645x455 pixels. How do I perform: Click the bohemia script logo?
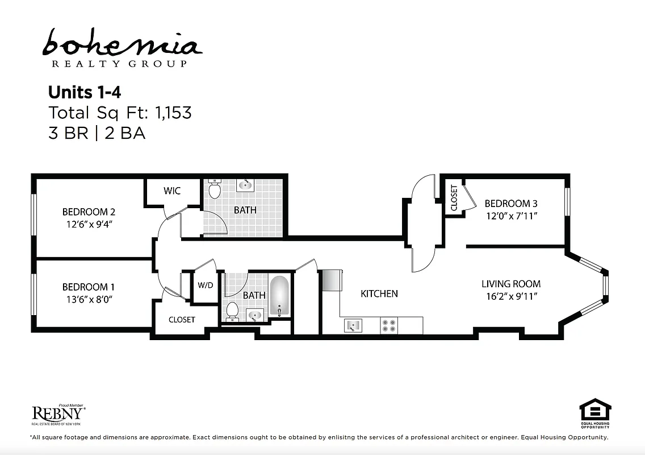pyautogui.click(x=122, y=43)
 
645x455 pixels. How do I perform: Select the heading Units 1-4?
pyautogui.click(x=85, y=92)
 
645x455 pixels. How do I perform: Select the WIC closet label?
pyautogui.click(x=172, y=191)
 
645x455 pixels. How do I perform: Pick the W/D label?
pyautogui.click(x=205, y=285)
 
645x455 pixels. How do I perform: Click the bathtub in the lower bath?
pyautogui.click(x=279, y=296)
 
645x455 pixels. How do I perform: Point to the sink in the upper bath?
pyautogui.click(x=245, y=185)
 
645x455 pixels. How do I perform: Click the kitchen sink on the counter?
pyautogui.click(x=353, y=325)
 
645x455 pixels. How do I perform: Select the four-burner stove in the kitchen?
pyautogui.click(x=389, y=325)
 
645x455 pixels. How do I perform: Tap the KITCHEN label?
pyautogui.click(x=379, y=293)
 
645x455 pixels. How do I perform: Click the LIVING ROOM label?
pyautogui.click(x=511, y=284)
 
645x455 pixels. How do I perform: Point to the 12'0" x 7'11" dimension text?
pyautogui.click(x=511, y=216)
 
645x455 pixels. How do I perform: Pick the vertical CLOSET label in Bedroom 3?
pyautogui.click(x=454, y=198)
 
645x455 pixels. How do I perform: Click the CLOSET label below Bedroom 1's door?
pyautogui.click(x=182, y=320)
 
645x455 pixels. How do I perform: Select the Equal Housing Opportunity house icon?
pyautogui.click(x=594, y=409)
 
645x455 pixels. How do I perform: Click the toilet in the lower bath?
pyautogui.click(x=232, y=310)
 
